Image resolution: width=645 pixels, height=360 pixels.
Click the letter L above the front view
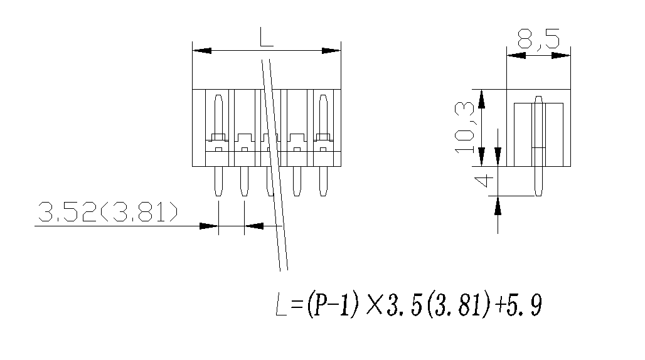pyautogui.click(x=266, y=39)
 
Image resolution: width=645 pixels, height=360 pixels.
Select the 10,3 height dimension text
pyautogui.click(x=465, y=128)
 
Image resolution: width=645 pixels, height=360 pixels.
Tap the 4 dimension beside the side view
pyautogui.click(x=484, y=183)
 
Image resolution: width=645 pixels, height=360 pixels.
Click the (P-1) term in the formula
pyautogui.click(x=332, y=307)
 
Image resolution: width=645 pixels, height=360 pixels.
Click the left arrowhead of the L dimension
pyautogui.click(x=201, y=51)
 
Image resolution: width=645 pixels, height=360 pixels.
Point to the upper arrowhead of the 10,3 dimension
pyautogui.click(x=481, y=98)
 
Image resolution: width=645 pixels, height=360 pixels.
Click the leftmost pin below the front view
pyautogui.click(x=218, y=181)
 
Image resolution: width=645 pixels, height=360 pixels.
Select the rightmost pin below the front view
pyautogui.click(x=323, y=181)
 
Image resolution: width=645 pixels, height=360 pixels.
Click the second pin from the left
pyautogui.click(x=244, y=181)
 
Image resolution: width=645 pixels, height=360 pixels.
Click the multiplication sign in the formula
pyautogui.click(x=375, y=307)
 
